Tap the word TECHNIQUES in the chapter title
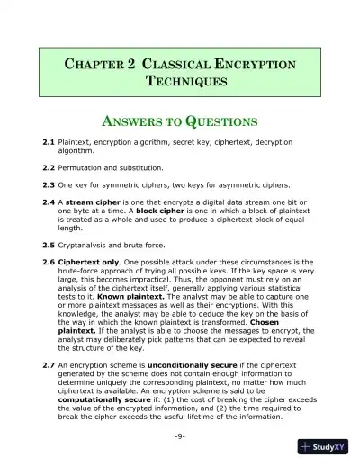click(180, 81)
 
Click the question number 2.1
click(49, 142)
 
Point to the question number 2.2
click(49, 167)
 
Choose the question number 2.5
click(49, 245)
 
